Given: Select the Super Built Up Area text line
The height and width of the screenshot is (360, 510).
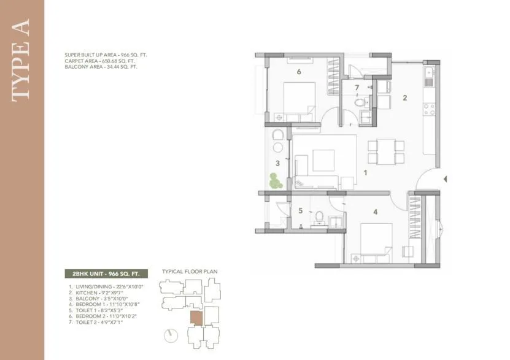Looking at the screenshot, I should tap(106, 55).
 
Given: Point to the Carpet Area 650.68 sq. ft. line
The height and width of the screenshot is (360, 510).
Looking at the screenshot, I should tap(101, 61).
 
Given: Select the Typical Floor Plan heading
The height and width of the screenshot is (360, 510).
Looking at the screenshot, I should tap(190, 271).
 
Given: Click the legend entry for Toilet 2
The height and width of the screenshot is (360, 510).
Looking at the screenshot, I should tap(96, 322).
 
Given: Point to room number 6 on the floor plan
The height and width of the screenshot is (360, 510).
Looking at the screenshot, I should tap(298, 72).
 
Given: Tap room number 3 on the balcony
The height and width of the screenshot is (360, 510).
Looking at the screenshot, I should tap(277, 163).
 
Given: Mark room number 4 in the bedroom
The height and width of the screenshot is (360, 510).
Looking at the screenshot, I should tap(374, 213).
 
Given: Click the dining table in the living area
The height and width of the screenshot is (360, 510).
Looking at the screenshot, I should tap(386, 152).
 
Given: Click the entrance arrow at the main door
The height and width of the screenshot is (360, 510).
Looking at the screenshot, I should tap(445, 179).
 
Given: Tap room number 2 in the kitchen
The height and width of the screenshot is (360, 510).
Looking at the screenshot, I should tap(404, 97).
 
